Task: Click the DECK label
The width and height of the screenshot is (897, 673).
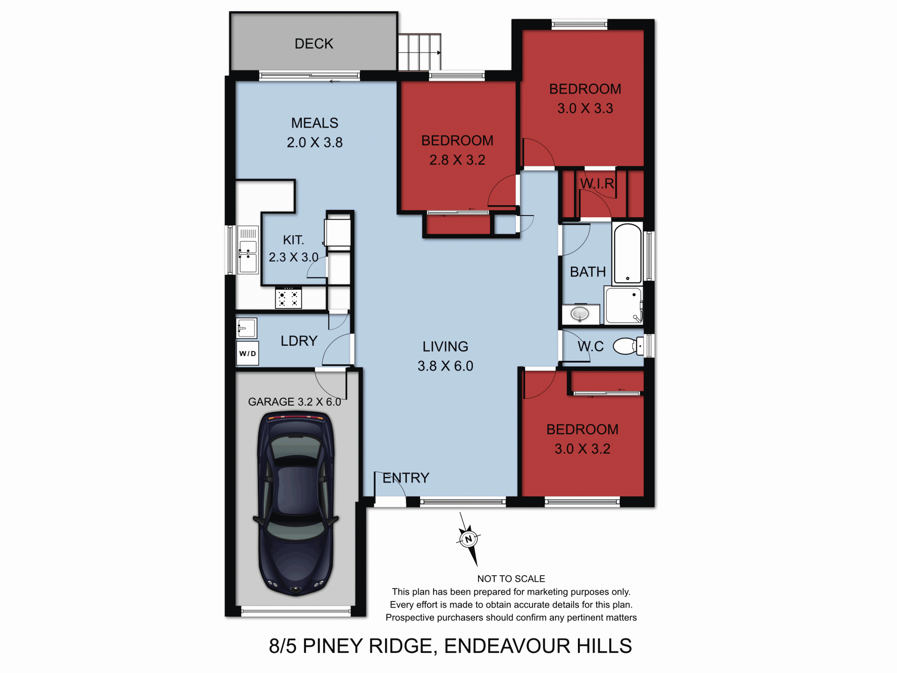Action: click(313, 44)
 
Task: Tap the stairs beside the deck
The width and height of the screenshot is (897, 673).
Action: click(419, 52)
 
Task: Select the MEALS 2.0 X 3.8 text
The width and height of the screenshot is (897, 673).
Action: click(314, 133)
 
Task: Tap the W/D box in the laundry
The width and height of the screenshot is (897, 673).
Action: click(248, 353)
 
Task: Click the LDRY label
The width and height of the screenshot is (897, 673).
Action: click(299, 341)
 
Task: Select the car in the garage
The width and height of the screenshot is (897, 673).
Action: click(296, 502)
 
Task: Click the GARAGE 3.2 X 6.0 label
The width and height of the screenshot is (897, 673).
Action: click(294, 402)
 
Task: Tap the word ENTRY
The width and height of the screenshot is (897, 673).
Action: click(406, 478)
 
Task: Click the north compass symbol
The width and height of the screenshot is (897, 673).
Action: click(469, 539)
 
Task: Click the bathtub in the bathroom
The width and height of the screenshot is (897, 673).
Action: click(627, 254)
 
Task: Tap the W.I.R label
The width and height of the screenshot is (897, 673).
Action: click(597, 184)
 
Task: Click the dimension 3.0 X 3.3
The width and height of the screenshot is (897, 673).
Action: click(585, 108)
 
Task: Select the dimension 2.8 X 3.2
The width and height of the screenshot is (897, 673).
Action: click(457, 160)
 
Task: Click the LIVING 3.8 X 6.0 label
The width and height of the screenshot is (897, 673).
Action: click(445, 356)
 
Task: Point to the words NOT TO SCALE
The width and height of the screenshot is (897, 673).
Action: click(511, 579)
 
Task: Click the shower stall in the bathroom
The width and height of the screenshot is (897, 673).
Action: click(623, 305)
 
